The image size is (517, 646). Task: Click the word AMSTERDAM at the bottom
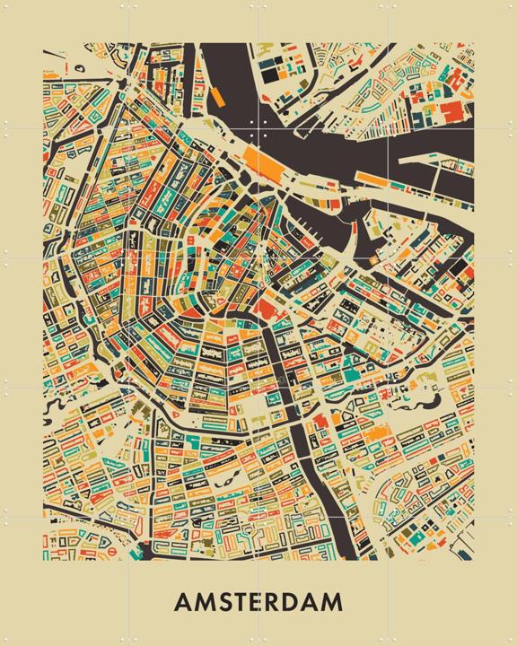click(x=258, y=600)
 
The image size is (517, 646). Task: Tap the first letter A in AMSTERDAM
click(x=183, y=600)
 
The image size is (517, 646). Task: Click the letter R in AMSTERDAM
click(x=281, y=600)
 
